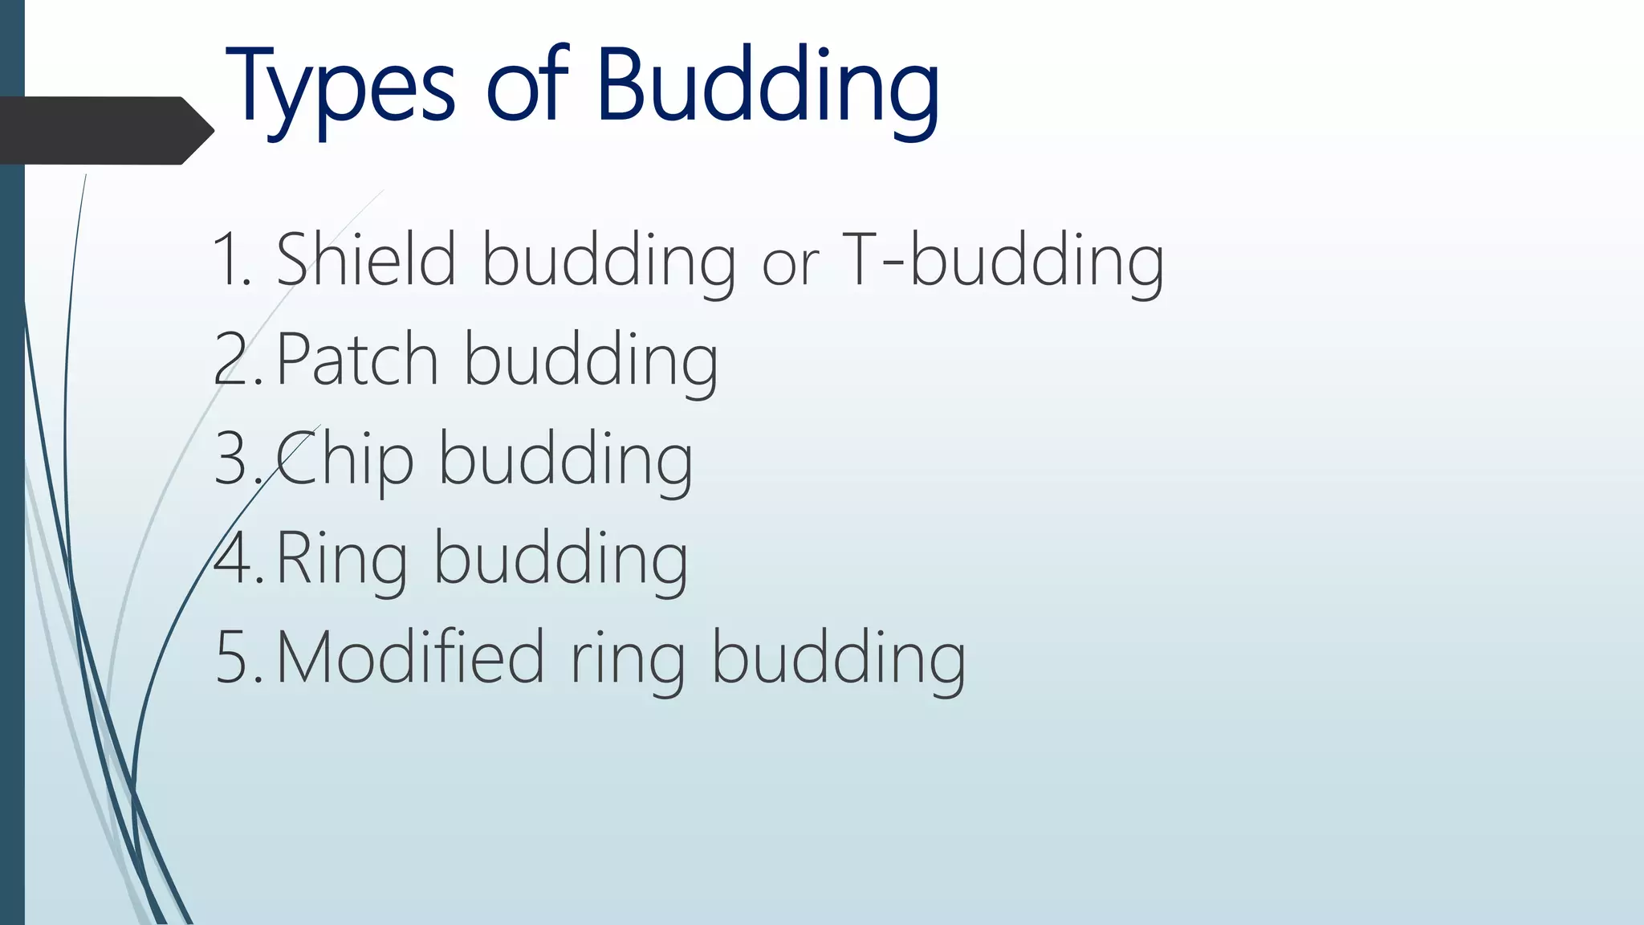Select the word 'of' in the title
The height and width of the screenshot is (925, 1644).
point(527,84)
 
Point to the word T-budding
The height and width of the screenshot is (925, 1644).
point(1003,260)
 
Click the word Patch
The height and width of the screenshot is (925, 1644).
point(357,359)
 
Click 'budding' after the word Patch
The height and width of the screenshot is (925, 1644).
point(591,361)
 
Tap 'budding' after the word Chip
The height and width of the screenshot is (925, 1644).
point(565,460)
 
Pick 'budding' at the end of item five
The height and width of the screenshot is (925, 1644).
point(839,659)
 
